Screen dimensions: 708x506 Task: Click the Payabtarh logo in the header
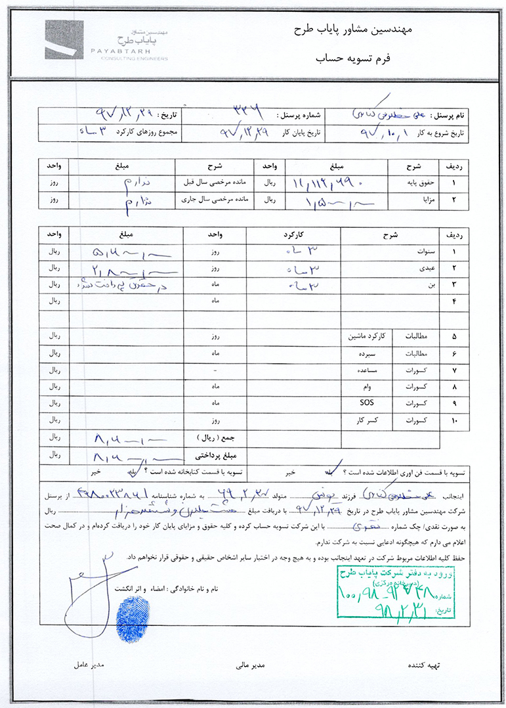pyautogui.click(x=106, y=41)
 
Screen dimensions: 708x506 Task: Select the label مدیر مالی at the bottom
pyautogui.click(x=250, y=665)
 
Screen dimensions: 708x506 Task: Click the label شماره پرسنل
pyautogui.click(x=301, y=115)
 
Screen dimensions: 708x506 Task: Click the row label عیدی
pyautogui.click(x=417, y=269)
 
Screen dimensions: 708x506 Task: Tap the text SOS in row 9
pyautogui.click(x=366, y=401)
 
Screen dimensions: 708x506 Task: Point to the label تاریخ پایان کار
pyautogui.click(x=300, y=131)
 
